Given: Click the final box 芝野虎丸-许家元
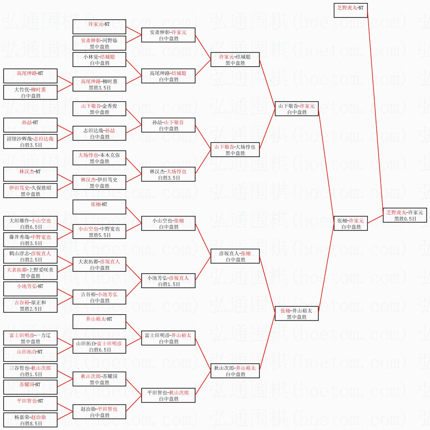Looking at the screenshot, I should (405, 215).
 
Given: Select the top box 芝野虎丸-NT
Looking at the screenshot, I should (350, 10).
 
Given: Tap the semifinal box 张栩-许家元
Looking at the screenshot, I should (350, 223).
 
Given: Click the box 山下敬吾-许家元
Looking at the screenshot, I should (296, 109).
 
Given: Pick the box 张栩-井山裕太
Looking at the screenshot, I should (296, 313).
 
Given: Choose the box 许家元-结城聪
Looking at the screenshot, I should (235, 60).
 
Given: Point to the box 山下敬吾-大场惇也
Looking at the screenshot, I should (235, 150).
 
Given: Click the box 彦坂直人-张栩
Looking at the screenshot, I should (235, 256).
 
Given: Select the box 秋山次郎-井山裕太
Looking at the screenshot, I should (235, 371).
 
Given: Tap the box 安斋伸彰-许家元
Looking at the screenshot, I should (168, 35).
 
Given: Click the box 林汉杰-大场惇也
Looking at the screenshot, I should (168, 174).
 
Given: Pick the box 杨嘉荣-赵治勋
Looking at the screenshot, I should (30, 420).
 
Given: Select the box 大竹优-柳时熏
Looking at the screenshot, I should (30, 92).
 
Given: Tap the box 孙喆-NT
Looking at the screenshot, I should (30, 125).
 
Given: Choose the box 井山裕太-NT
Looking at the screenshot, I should (99, 322).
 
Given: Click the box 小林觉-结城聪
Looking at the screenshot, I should (99, 60).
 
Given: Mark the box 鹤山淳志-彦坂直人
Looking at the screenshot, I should (30, 256).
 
